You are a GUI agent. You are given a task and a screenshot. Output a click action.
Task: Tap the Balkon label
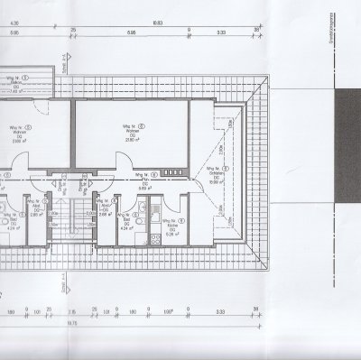(x=21, y=80)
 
